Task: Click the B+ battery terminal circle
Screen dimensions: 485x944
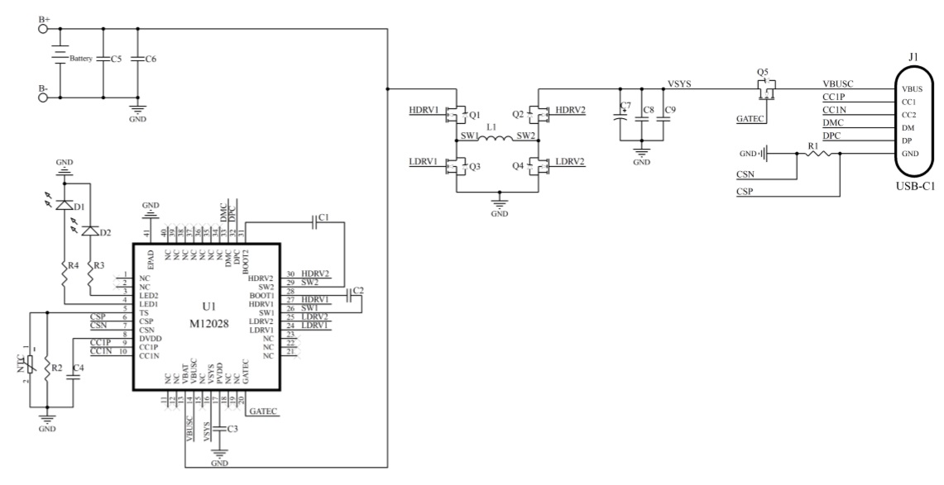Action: [44, 27]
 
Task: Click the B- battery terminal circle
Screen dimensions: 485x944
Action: [44, 97]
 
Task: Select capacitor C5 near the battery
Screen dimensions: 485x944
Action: [103, 59]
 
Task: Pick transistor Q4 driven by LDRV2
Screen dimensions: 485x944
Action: [539, 167]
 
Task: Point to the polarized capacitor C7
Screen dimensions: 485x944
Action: [621, 116]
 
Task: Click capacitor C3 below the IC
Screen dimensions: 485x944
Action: [219, 429]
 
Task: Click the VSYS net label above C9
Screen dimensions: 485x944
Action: [681, 83]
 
